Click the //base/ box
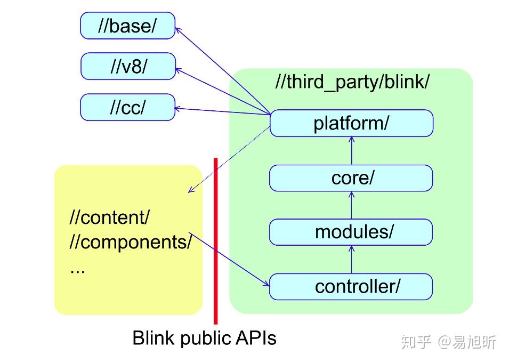point(127,26)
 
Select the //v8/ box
point(127,67)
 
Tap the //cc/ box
point(127,107)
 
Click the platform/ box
point(351,124)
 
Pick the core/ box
point(351,178)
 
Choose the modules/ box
point(351,232)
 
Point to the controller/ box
point(351,287)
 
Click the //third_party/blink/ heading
point(352,82)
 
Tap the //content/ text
point(110,217)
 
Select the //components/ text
point(131,242)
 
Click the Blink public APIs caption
point(204,338)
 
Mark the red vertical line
point(215,240)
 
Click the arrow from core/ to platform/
point(351,151)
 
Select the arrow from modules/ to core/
point(351,205)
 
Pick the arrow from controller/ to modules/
point(351,260)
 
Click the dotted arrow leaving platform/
point(229,159)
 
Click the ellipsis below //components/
point(77,269)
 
